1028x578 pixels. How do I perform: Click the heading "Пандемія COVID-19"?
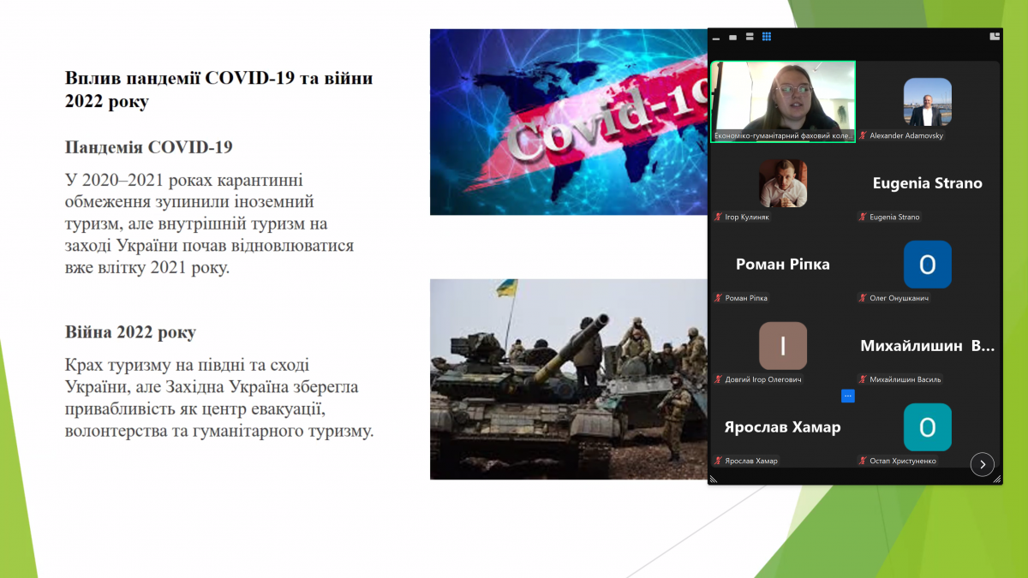coord(148,147)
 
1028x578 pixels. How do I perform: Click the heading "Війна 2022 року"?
coord(130,332)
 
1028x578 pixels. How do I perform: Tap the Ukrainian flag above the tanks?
coord(507,289)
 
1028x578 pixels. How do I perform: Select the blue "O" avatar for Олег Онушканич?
coord(927,265)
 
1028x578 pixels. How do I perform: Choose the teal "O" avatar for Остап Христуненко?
coord(927,427)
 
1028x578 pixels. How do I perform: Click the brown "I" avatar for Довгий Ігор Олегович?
coord(783,346)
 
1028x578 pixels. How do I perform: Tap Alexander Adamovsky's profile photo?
coord(927,102)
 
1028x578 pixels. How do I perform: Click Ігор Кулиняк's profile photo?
coord(783,183)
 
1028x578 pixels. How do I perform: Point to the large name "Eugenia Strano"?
coord(927,183)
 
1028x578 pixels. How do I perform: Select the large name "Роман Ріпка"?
coord(783,265)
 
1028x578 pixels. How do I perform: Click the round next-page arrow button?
coord(982,464)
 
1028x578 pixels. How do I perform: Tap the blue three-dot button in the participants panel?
coord(848,396)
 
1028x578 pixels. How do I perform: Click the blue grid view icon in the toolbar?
coord(767,37)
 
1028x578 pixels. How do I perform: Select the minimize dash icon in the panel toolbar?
coord(716,39)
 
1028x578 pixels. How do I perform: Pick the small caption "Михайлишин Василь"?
coord(905,379)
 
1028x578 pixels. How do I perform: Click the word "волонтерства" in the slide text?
coord(112,431)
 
